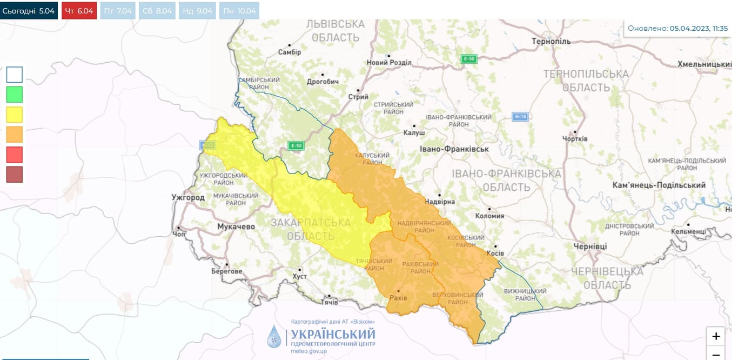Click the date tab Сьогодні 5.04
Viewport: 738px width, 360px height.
[x=29, y=11]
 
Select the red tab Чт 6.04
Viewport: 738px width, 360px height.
[x=79, y=11]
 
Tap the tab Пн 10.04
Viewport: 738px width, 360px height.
[x=239, y=11]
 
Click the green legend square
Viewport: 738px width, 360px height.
[x=15, y=95]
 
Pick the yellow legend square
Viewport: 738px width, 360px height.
[x=15, y=115]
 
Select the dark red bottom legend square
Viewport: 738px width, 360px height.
[x=15, y=175]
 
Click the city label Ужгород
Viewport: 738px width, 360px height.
[x=187, y=197]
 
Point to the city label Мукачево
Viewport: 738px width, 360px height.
[x=236, y=226]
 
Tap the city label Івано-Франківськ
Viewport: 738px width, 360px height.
[x=454, y=149]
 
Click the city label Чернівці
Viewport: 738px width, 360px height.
[x=590, y=246]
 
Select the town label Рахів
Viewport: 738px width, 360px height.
[x=398, y=298]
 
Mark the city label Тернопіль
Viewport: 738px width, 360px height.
[x=551, y=42]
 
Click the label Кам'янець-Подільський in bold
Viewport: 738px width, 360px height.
[x=659, y=185]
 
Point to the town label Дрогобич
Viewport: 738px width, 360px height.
[x=323, y=82]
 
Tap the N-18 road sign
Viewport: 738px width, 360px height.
[x=520, y=117]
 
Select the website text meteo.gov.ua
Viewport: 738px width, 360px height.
[x=308, y=351]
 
